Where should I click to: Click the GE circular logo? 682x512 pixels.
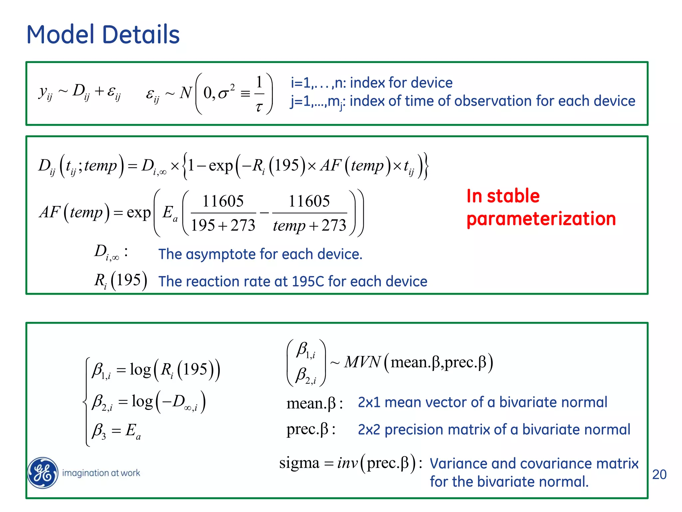[43, 473]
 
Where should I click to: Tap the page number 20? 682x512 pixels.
[659, 474]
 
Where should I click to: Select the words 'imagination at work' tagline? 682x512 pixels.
[101, 473]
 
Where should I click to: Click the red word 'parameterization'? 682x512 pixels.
[541, 219]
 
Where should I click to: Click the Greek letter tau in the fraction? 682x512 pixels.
[259, 107]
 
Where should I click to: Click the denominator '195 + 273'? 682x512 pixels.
[223, 225]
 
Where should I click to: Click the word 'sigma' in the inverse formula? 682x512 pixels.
[299, 463]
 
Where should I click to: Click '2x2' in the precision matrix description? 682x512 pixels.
[369, 430]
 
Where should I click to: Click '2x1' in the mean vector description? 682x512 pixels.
[369, 402]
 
